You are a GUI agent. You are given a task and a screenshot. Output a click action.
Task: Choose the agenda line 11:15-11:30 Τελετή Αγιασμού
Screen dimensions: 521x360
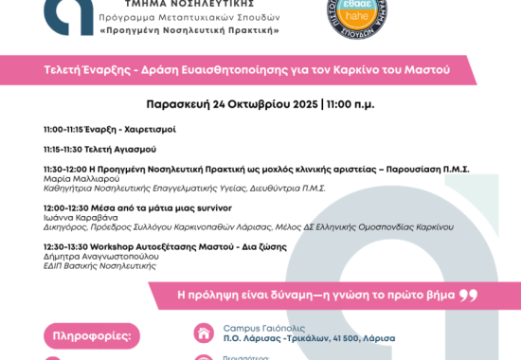click(x=99, y=149)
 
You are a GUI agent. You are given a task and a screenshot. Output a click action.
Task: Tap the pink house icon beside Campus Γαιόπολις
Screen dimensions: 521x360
click(x=203, y=333)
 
